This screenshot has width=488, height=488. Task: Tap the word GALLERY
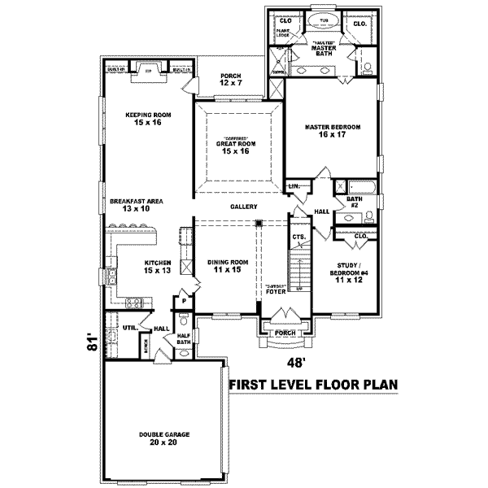point(243,207)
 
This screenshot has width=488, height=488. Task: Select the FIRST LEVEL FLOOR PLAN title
point(313,385)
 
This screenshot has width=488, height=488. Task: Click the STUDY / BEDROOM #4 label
point(347,271)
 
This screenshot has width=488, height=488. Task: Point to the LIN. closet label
point(294,187)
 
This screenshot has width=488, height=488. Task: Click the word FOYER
point(276,291)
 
